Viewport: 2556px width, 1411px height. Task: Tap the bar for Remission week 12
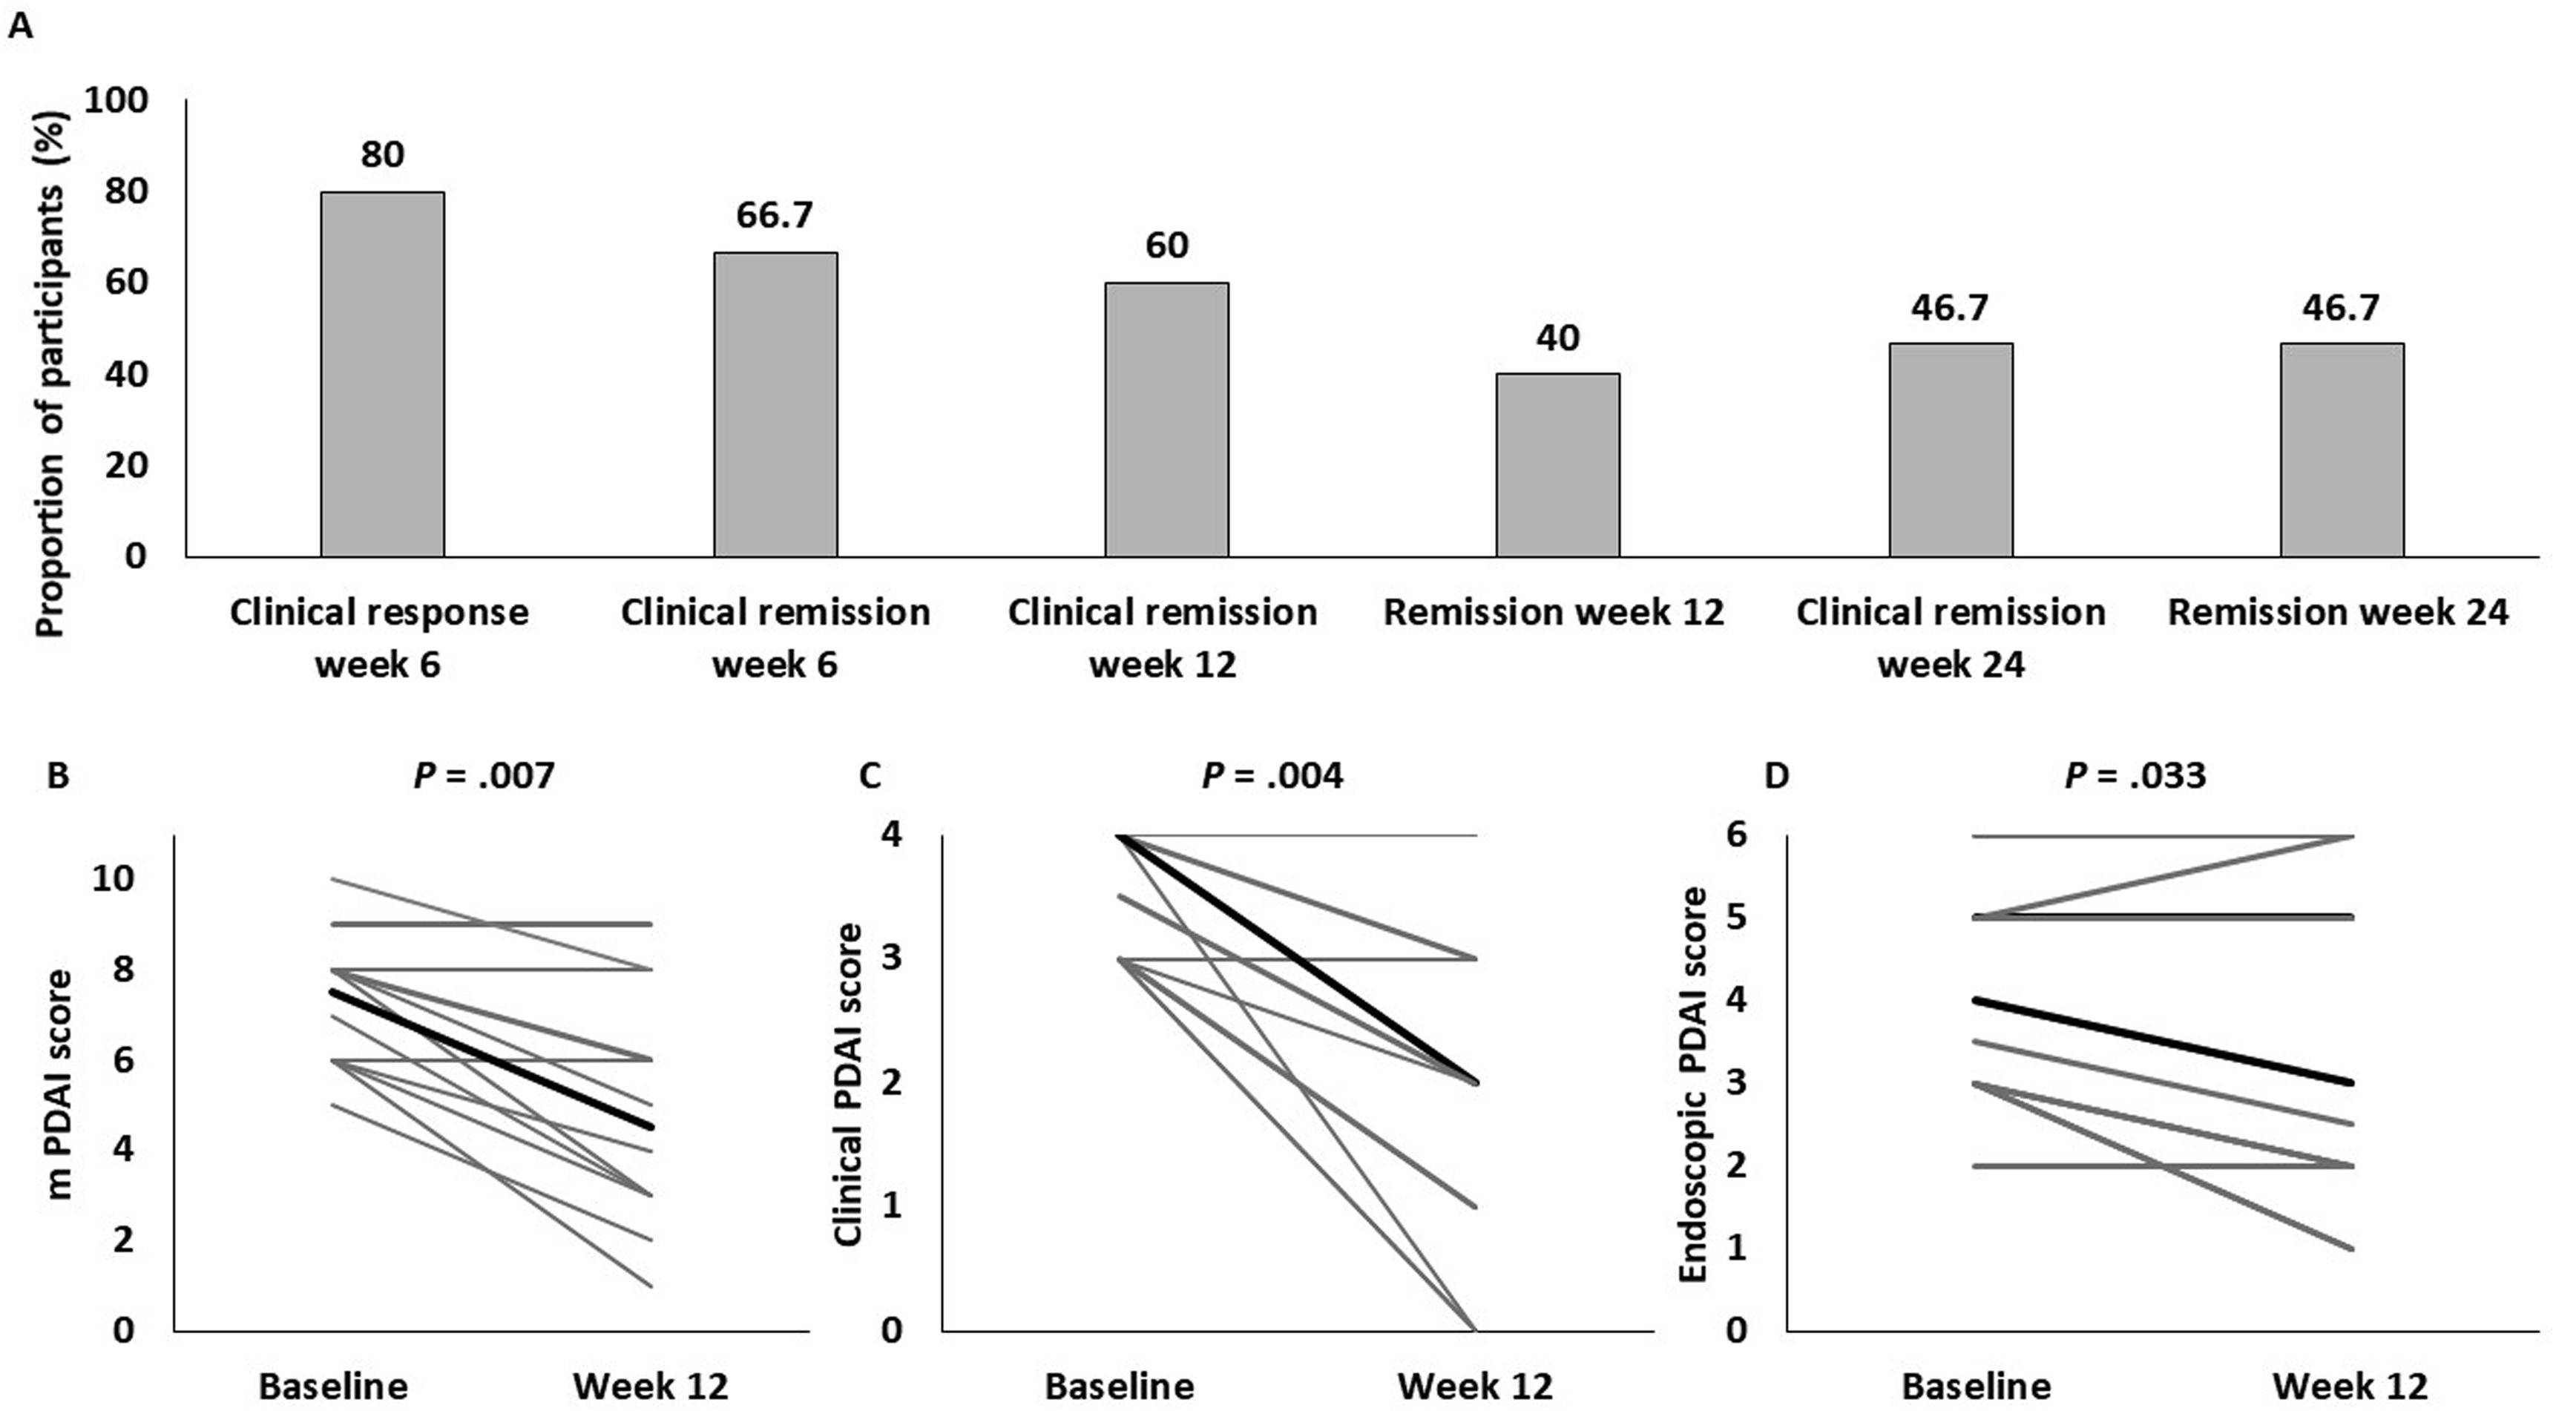pos(1558,464)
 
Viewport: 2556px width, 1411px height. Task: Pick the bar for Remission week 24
pos(2341,450)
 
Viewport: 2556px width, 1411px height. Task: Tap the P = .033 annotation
pos(2135,775)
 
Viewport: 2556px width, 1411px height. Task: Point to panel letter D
pos(1776,775)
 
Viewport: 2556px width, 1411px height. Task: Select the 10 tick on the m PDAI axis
pos(112,878)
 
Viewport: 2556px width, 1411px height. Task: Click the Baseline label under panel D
pos(1976,1385)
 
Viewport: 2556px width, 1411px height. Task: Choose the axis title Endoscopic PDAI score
pos(1694,1084)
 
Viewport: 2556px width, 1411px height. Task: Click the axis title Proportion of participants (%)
pos(50,372)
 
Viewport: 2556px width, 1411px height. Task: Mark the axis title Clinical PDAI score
pos(847,1084)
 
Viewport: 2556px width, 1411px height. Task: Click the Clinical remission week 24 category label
pos(1950,637)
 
